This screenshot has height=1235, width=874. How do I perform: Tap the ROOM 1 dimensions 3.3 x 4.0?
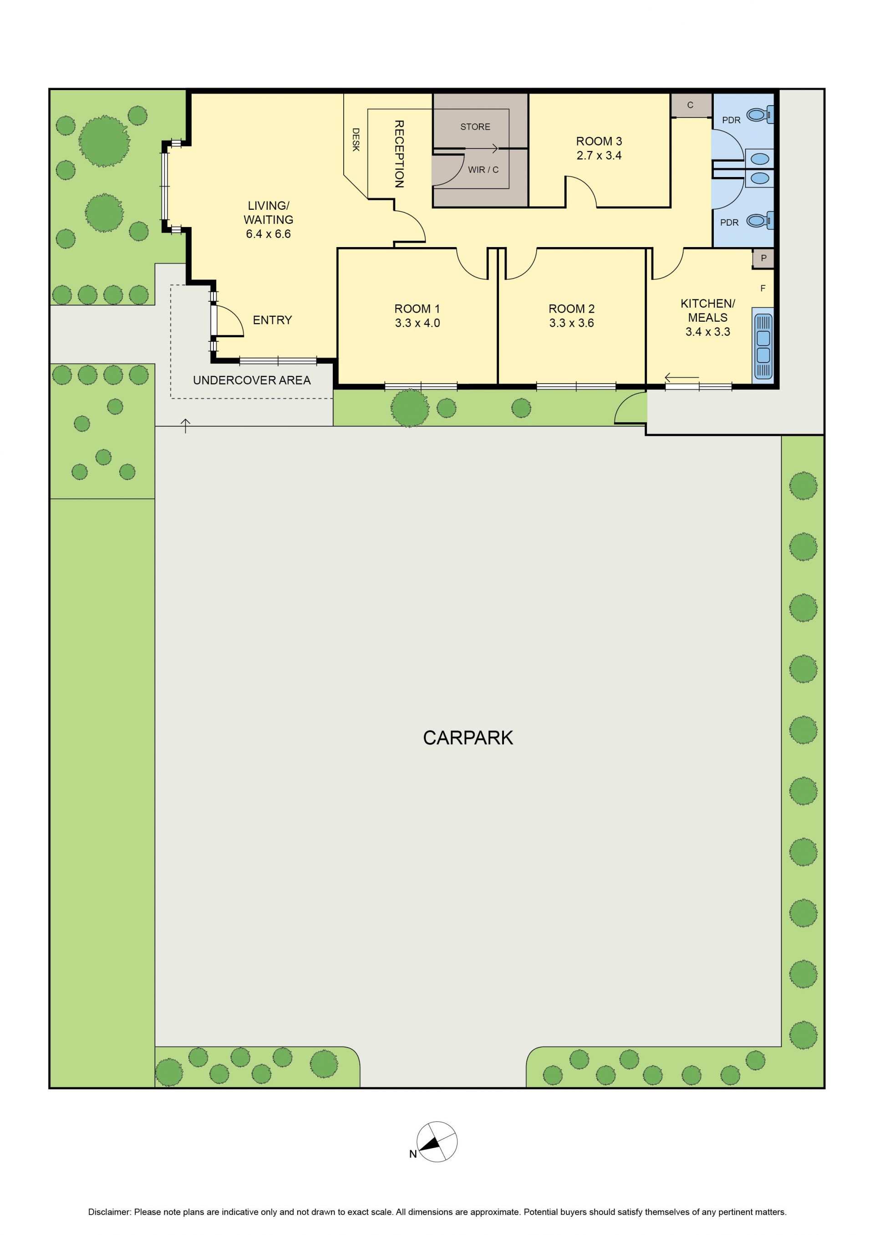pos(417,323)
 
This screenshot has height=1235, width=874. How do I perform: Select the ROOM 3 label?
pos(599,141)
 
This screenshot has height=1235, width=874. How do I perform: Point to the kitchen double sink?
pos(762,346)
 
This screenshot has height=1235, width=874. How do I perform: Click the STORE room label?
pos(475,127)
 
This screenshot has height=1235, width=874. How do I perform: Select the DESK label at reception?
pos(356,139)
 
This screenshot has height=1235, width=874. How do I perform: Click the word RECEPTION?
pos(399,154)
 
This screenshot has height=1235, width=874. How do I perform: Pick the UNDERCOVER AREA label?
pos(252,380)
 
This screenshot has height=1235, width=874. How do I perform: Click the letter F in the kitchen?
pos(762,289)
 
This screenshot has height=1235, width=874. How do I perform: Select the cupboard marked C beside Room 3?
pos(691,106)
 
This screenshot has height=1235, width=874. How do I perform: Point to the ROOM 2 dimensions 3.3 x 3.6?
pos(572,323)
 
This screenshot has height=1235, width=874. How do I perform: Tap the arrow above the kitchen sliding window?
pos(682,378)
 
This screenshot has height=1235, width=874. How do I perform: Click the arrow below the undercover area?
pos(186,426)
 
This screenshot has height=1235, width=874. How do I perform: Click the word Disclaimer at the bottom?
pos(109,1212)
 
